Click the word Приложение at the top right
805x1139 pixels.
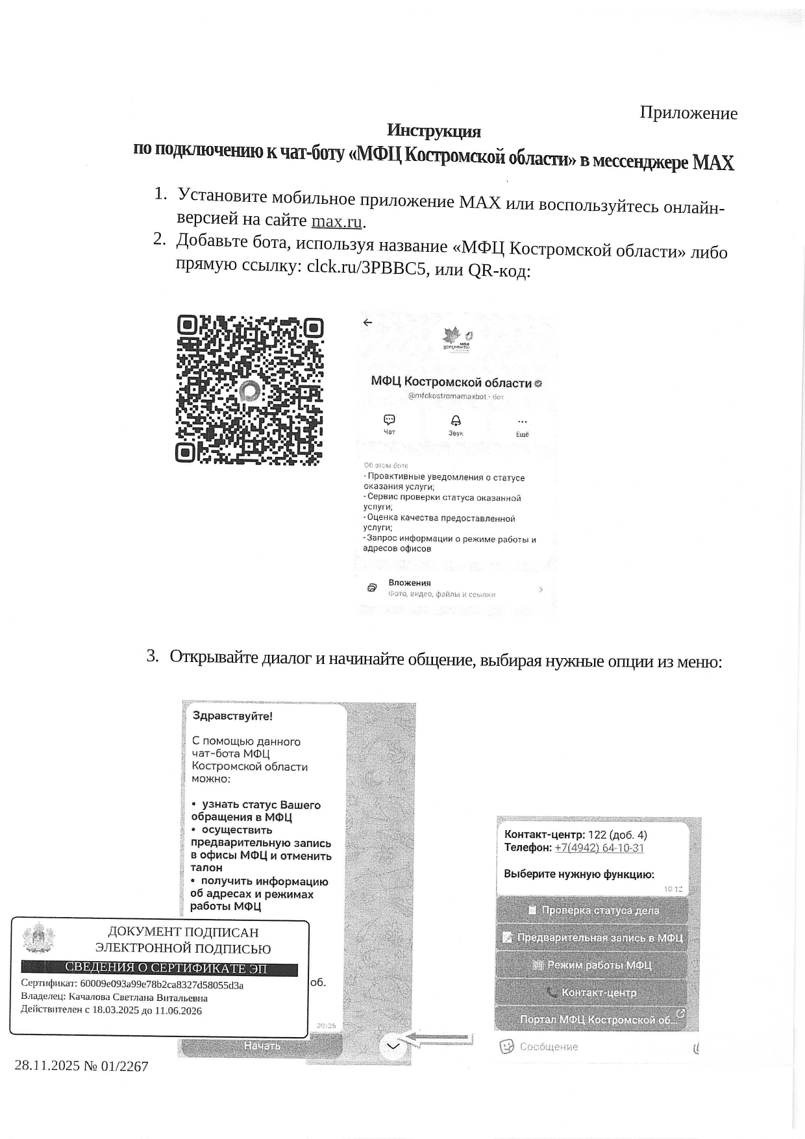coord(688,113)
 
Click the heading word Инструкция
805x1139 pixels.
coord(434,131)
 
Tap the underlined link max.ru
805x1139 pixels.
coord(336,221)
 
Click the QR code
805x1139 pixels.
coord(249,390)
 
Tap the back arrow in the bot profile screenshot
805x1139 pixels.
coord(368,323)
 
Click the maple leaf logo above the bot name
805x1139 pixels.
coord(456,339)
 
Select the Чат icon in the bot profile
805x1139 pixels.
coord(390,420)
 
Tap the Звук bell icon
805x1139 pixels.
coord(456,421)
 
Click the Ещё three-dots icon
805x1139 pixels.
coord(523,422)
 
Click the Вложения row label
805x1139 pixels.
coord(410,583)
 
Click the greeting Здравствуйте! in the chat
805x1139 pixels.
coord(232,716)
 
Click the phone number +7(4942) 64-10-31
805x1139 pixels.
coord(599,848)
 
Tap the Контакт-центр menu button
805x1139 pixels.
coord(592,992)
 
